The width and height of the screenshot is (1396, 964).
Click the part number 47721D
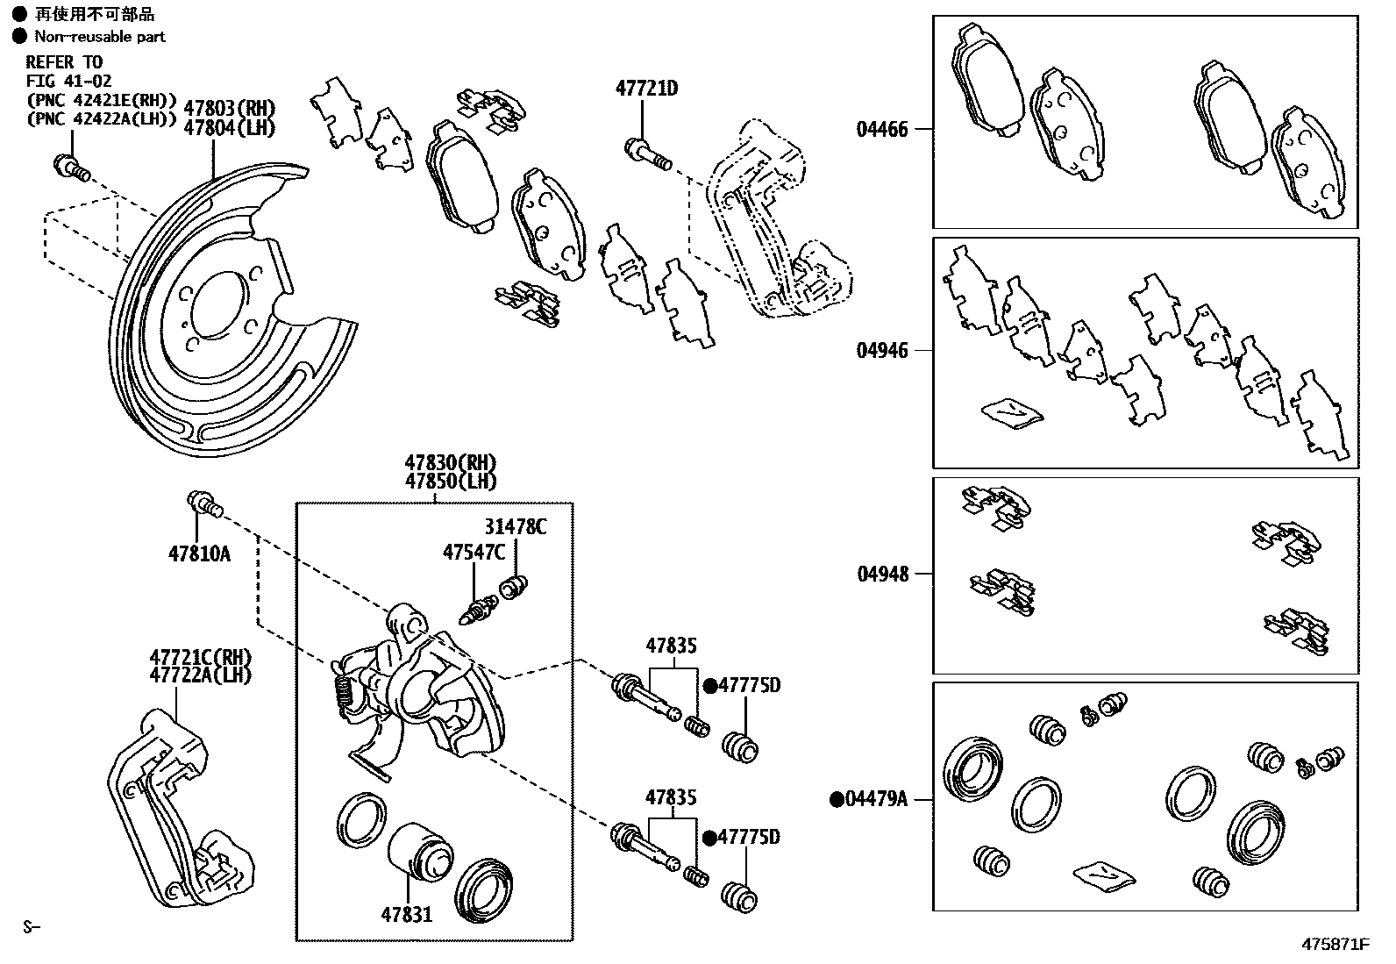pyautogui.click(x=646, y=89)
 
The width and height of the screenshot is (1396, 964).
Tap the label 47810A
pyautogui.click(x=199, y=553)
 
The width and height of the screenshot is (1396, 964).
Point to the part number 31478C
pyautogui.click(x=516, y=526)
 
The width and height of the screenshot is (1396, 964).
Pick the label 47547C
pyautogui.click(x=474, y=552)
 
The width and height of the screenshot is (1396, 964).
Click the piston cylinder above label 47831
pyautogui.click(x=419, y=850)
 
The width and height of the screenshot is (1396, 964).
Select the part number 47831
pyautogui.click(x=406, y=915)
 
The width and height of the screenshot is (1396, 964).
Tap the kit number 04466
pyautogui.click(x=882, y=129)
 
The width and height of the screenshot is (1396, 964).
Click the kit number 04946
pyautogui.click(x=882, y=351)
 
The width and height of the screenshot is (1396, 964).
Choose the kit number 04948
pyautogui.click(x=882, y=574)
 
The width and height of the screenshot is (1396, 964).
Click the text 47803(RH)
pyautogui.click(x=229, y=109)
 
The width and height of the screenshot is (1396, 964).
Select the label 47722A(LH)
pyautogui.click(x=200, y=675)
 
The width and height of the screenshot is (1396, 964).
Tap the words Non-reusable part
pyautogui.click(x=99, y=36)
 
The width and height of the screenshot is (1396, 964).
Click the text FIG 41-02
pyautogui.click(x=68, y=81)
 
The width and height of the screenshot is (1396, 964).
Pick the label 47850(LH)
pyautogui.click(x=450, y=482)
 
